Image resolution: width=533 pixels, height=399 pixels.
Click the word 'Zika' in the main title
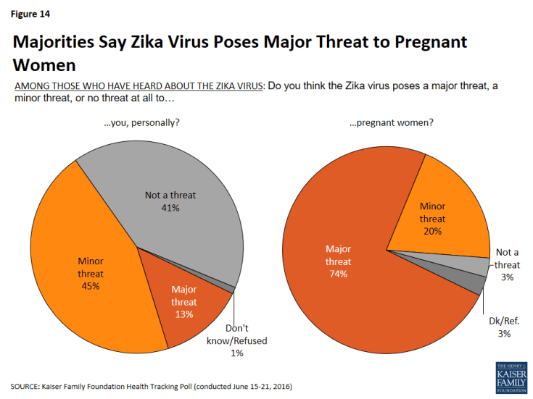175,42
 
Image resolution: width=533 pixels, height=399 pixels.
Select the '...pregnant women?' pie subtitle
391,122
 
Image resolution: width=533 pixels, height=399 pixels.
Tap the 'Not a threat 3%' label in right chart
507,264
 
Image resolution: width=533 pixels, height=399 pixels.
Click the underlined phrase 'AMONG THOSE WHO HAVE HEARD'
94,86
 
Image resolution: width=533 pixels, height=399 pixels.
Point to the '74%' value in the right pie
339,274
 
